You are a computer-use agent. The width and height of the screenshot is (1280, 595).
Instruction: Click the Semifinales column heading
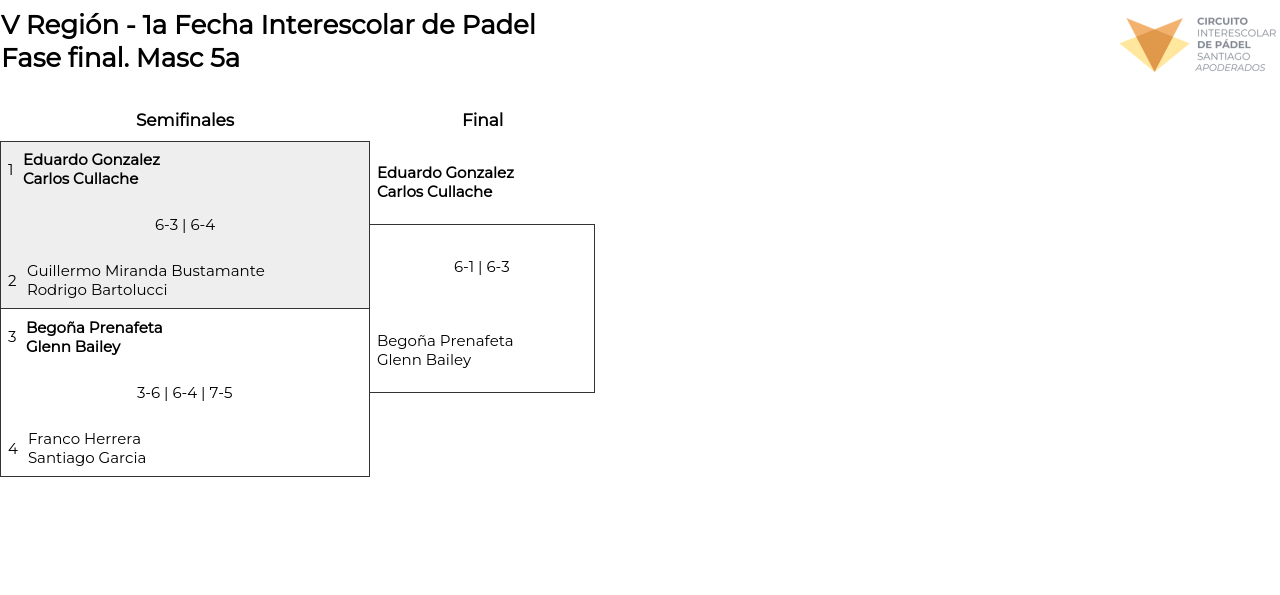[x=185, y=120]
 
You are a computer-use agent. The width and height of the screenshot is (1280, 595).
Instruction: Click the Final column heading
[x=482, y=120]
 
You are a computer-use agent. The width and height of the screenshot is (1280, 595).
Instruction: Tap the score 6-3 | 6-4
[x=185, y=225]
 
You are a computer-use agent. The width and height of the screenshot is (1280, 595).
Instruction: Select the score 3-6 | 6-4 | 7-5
[x=185, y=393]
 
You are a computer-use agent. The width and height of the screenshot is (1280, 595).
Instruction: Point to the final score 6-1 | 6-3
[x=482, y=267]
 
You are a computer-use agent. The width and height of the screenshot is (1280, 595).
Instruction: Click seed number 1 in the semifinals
[x=11, y=170]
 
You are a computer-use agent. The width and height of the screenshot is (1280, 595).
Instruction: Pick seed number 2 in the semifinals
[x=12, y=281]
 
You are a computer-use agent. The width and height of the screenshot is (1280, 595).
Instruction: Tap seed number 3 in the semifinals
[x=12, y=337]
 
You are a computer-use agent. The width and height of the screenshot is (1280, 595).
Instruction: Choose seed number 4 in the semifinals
[x=13, y=449]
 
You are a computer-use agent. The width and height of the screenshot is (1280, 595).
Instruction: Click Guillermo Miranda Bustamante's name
[x=146, y=271]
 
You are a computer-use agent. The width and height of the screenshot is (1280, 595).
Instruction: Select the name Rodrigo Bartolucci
[x=97, y=290]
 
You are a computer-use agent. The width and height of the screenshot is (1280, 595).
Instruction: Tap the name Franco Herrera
[x=84, y=439]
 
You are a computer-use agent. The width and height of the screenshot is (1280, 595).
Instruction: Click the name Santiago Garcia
[x=87, y=458]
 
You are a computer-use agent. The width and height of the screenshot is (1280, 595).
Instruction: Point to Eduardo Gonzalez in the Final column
[x=445, y=173]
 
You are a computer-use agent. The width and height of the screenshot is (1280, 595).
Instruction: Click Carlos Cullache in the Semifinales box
[x=81, y=179]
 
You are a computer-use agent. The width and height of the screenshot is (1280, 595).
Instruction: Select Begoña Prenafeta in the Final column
[x=445, y=341]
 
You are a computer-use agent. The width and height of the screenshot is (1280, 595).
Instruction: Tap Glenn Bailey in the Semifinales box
[x=73, y=347]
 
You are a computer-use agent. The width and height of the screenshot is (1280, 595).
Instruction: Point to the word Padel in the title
[x=499, y=25]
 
